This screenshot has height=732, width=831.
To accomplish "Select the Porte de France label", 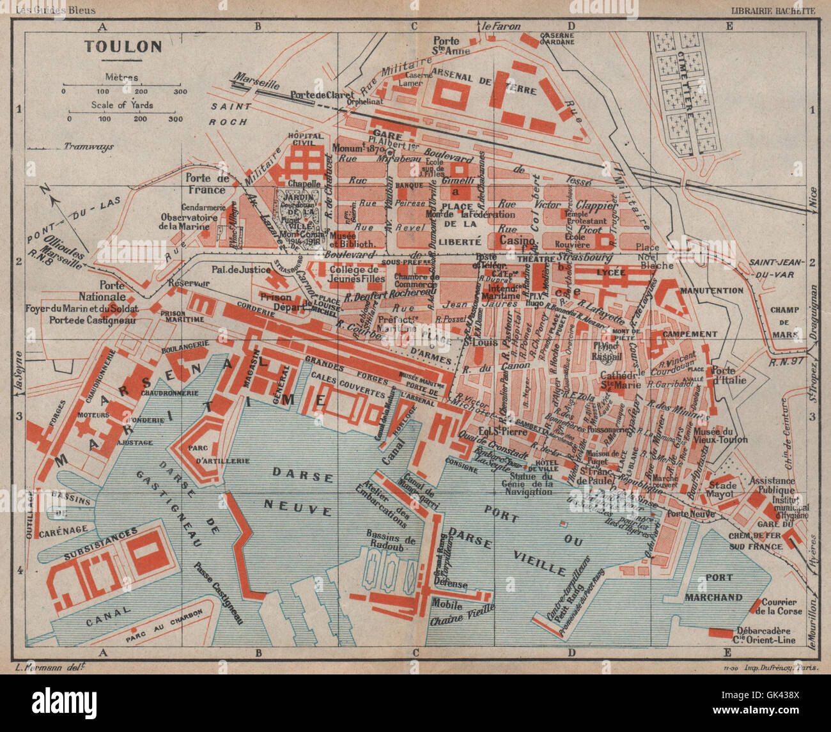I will click(x=206, y=184).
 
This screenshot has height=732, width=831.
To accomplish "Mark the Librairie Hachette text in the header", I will click(x=773, y=10).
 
